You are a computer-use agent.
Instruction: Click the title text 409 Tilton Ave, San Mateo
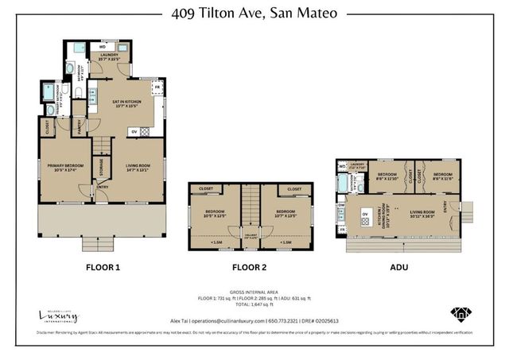point(254,13)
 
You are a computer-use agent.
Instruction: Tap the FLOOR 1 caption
point(103,268)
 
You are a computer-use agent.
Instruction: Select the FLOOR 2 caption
point(251,268)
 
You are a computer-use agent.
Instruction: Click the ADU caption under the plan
point(398,268)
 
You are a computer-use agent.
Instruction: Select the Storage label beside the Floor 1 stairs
point(101,167)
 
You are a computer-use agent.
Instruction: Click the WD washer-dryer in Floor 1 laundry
point(103,48)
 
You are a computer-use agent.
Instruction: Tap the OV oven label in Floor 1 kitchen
point(134,132)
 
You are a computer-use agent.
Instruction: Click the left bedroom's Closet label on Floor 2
point(205,189)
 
